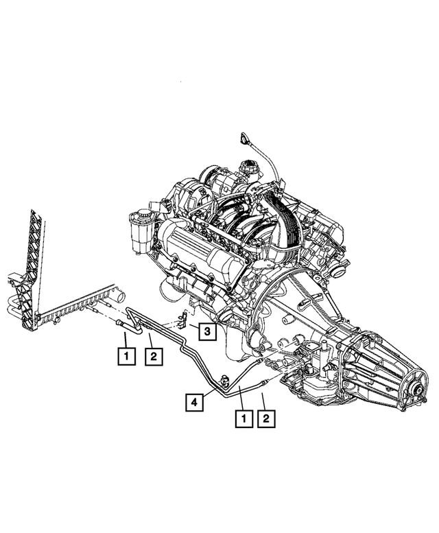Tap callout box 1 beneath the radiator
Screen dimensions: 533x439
(125, 356)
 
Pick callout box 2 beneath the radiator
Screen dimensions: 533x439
(153, 356)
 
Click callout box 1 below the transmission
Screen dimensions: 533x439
(241, 417)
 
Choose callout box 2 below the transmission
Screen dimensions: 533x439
(266, 417)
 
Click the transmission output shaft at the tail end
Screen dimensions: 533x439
(416, 393)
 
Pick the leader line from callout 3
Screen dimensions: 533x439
(194, 326)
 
